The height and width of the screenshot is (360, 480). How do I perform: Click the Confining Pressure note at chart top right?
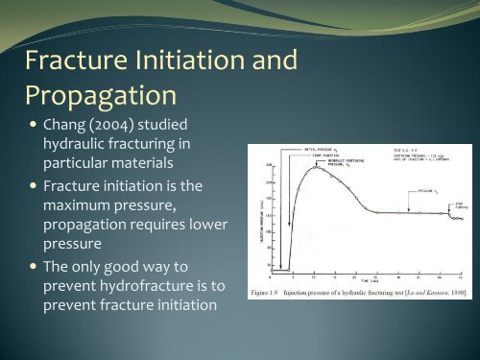click(x=410, y=156)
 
